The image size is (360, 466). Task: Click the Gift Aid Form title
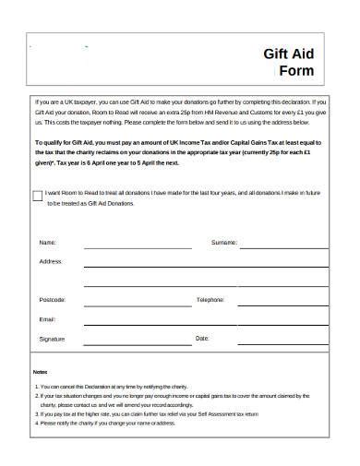[x=289, y=63]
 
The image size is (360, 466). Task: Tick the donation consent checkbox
[x=37, y=197]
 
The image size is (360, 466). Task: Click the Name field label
[x=47, y=243]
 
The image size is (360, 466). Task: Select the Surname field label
[x=224, y=243]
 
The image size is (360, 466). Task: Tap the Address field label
[x=51, y=261]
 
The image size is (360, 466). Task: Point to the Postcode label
[x=53, y=300]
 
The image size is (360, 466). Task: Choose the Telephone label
[x=210, y=300]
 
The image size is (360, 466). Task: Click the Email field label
[x=48, y=319]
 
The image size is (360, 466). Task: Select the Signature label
[x=53, y=339]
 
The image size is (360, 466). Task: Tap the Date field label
[x=203, y=339]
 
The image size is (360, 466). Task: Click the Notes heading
[x=40, y=370]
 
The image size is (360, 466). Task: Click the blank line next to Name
[x=138, y=247]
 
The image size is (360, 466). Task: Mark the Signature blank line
[x=138, y=343]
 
